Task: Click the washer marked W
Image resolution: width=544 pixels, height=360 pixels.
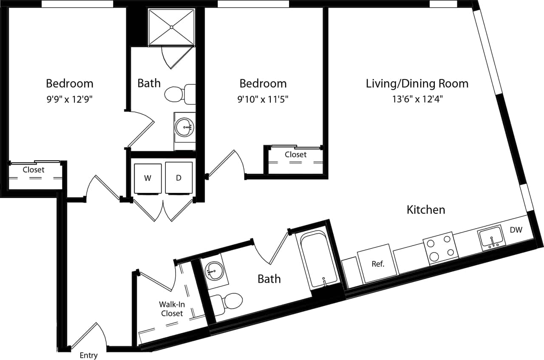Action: (147, 178)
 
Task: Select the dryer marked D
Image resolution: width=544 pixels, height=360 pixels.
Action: (178, 178)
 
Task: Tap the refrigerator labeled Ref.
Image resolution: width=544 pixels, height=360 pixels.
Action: (377, 264)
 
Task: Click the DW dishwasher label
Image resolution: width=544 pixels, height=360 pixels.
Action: (516, 230)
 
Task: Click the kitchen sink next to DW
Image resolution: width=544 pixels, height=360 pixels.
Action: (492, 238)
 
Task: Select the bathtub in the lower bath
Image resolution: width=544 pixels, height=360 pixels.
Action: (318, 259)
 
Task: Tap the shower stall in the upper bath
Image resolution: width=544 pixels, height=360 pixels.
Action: (171, 26)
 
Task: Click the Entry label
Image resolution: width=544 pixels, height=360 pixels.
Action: (88, 355)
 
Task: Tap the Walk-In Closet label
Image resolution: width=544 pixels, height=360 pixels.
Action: (171, 309)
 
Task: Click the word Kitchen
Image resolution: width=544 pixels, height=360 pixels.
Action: (426, 210)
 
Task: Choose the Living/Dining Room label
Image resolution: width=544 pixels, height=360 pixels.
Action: (417, 83)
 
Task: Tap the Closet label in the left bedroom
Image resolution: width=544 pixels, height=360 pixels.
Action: (33, 170)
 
